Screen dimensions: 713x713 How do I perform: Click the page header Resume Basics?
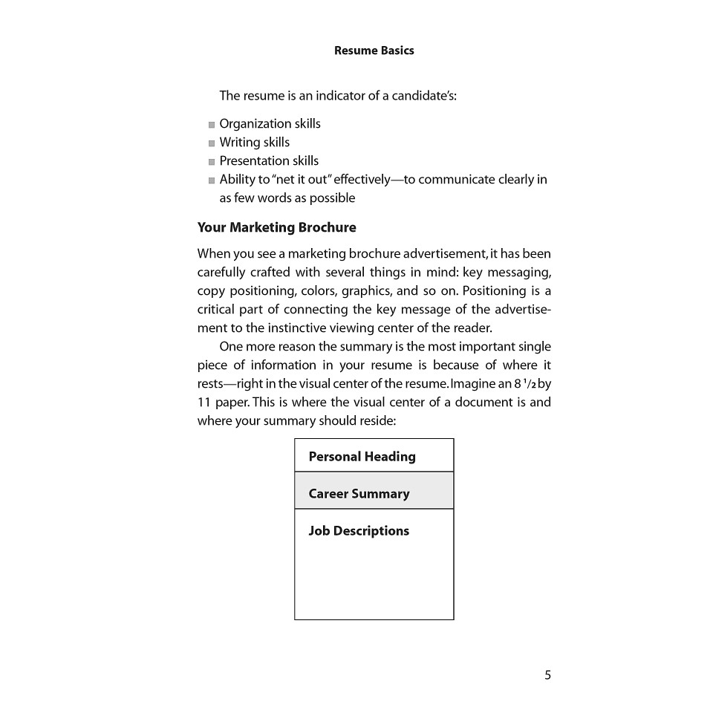point(374,51)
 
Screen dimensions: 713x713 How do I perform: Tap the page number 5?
point(547,675)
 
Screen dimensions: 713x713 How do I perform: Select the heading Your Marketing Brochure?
point(276,227)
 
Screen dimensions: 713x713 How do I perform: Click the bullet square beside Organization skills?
point(212,125)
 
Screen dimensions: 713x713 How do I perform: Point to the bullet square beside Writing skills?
point(212,143)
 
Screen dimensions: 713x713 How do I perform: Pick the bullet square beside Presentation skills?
point(212,162)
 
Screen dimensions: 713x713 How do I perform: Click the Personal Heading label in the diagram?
point(362,457)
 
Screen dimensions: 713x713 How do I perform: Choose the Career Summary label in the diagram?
point(359,494)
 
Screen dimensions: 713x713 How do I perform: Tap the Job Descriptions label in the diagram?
point(359,531)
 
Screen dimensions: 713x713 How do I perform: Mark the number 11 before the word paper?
point(204,403)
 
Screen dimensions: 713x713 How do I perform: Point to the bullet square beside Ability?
point(212,180)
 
